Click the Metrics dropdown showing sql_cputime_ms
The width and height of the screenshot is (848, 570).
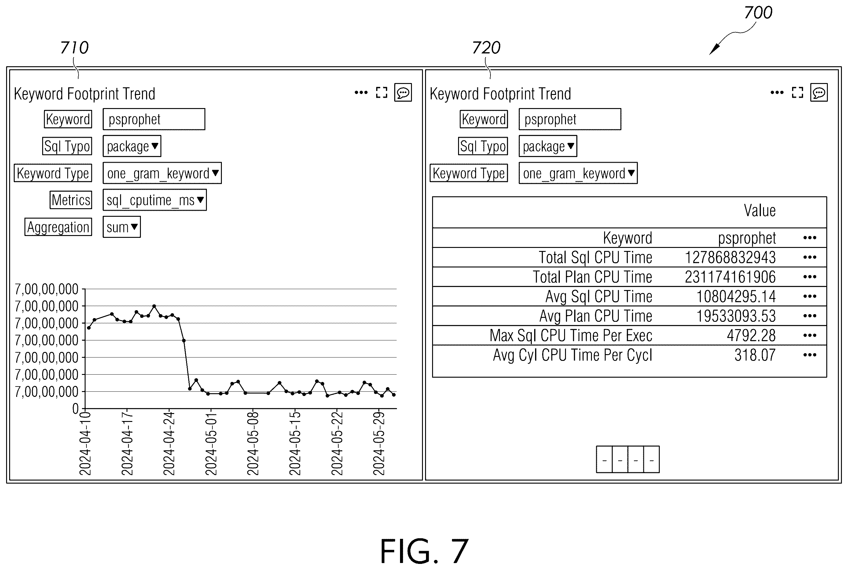click(x=155, y=200)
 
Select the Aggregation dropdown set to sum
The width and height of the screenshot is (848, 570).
click(x=122, y=227)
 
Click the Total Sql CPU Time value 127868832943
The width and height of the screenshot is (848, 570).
click(x=730, y=257)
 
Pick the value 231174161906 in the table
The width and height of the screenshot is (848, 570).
click(x=730, y=277)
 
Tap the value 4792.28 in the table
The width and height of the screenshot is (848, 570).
click(x=751, y=336)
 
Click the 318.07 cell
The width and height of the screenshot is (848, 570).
click(x=755, y=355)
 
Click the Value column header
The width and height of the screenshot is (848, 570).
click(x=760, y=210)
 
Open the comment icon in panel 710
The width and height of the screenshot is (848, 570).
click(x=403, y=93)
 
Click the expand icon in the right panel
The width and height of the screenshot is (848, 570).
click(x=798, y=93)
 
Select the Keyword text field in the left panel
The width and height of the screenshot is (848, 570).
click(x=154, y=119)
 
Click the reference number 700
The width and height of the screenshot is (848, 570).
click(x=758, y=13)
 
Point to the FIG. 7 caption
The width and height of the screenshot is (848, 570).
click(x=424, y=551)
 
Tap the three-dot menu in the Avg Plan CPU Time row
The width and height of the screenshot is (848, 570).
click(x=810, y=316)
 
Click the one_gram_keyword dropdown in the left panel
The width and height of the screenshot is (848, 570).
click(x=162, y=173)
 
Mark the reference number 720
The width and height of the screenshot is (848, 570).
click(x=486, y=48)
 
